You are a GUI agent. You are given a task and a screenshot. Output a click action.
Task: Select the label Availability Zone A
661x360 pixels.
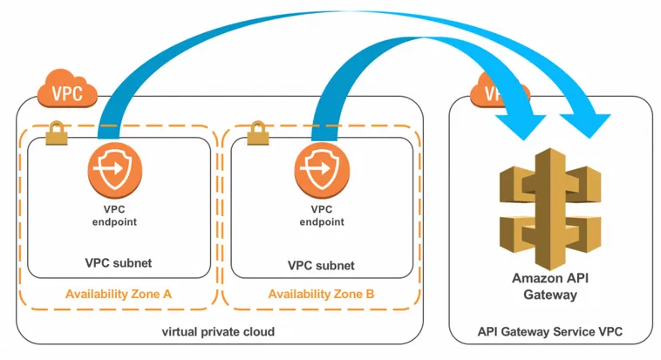[x=118, y=294]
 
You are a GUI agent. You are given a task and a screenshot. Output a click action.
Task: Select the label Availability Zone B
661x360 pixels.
[x=321, y=294]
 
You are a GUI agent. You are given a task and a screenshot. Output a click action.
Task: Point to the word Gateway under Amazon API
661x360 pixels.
[x=549, y=295]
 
